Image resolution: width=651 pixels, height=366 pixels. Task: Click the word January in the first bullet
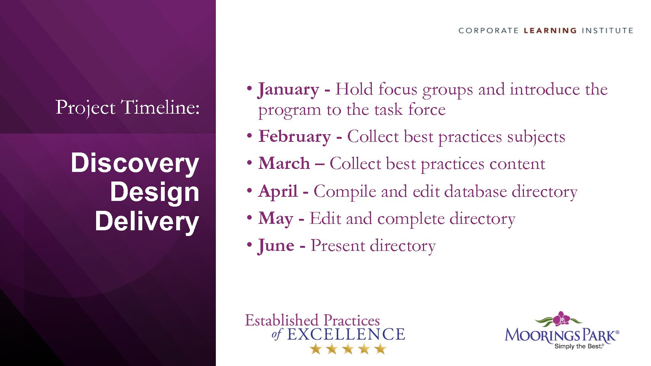pyautogui.click(x=288, y=90)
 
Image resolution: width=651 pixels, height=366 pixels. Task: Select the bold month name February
pyautogui.click(x=295, y=136)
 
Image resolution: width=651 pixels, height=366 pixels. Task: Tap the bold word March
pyautogui.click(x=284, y=163)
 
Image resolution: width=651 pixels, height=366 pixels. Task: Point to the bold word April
pyautogui.click(x=278, y=192)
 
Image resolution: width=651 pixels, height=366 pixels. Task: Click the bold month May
pyautogui.click(x=276, y=219)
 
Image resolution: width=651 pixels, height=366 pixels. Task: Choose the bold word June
pyautogui.click(x=276, y=246)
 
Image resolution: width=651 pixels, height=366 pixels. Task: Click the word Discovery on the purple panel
pyautogui.click(x=135, y=163)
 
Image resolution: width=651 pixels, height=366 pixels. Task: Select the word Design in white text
pyautogui.click(x=154, y=192)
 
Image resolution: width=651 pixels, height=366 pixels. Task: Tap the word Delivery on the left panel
pyautogui.click(x=147, y=222)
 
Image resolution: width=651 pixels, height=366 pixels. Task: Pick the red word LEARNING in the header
pyautogui.click(x=550, y=30)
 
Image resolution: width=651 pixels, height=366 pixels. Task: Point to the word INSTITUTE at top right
pyautogui.click(x=608, y=30)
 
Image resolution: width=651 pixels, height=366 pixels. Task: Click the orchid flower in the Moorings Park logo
pyautogui.click(x=561, y=318)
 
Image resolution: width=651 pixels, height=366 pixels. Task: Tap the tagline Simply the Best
pyautogui.click(x=579, y=346)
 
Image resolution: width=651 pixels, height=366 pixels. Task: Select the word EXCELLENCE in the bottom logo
pyautogui.click(x=346, y=334)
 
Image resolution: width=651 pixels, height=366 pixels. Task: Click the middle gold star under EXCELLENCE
pyautogui.click(x=348, y=349)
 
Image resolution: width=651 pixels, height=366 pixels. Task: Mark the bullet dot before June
pyautogui.click(x=249, y=244)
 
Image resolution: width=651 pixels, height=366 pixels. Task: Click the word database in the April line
pyautogui.click(x=476, y=192)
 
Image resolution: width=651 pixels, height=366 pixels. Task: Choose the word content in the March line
pyautogui.click(x=517, y=164)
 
